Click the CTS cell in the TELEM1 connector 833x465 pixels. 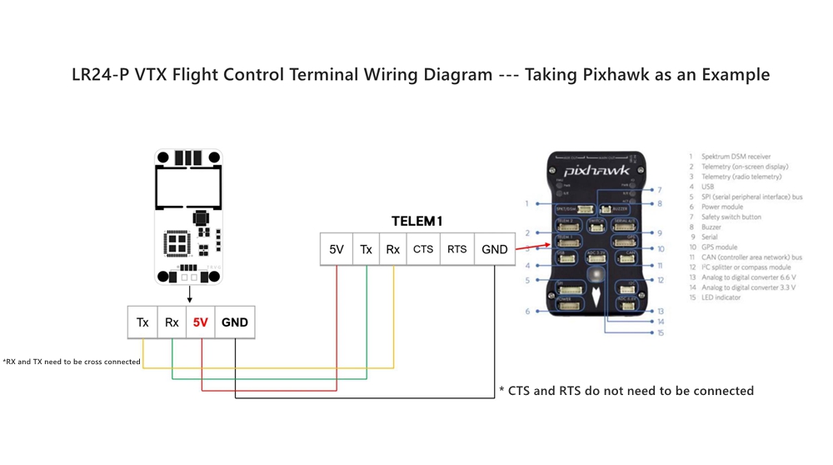[423, 249]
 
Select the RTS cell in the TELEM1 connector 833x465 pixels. [456, 249]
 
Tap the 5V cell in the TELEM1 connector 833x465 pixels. [337, 249]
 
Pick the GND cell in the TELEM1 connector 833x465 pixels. [494, 249]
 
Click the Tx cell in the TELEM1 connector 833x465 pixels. [366, 249]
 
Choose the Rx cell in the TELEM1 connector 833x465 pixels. [392, 249]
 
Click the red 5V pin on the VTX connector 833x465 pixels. [201, 322]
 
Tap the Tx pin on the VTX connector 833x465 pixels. [142, 322]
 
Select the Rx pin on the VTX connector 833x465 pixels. [172, 322]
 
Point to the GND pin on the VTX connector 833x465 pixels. [234, 322]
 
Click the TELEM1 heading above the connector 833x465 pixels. [416, 222]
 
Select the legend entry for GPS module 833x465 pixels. [719, 247]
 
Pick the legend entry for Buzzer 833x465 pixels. [711, 227]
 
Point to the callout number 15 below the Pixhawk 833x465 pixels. [660, 333]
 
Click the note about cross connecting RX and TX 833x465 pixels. [72, 362]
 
